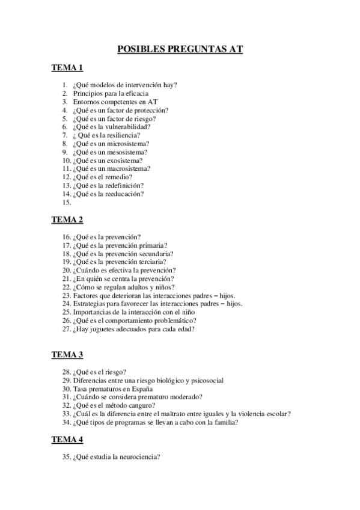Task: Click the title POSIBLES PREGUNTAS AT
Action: [x=180, y=50]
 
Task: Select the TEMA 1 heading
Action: [x=67, y=68]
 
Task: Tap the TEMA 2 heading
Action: [x=67, y=220]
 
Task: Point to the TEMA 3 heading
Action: [x=67, y=354]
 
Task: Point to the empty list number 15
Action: [x=67, y=203]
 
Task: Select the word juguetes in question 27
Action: [x=103, y=330]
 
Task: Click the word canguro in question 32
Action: [x=146, y=405]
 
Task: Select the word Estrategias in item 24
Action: [x=89, y=304]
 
